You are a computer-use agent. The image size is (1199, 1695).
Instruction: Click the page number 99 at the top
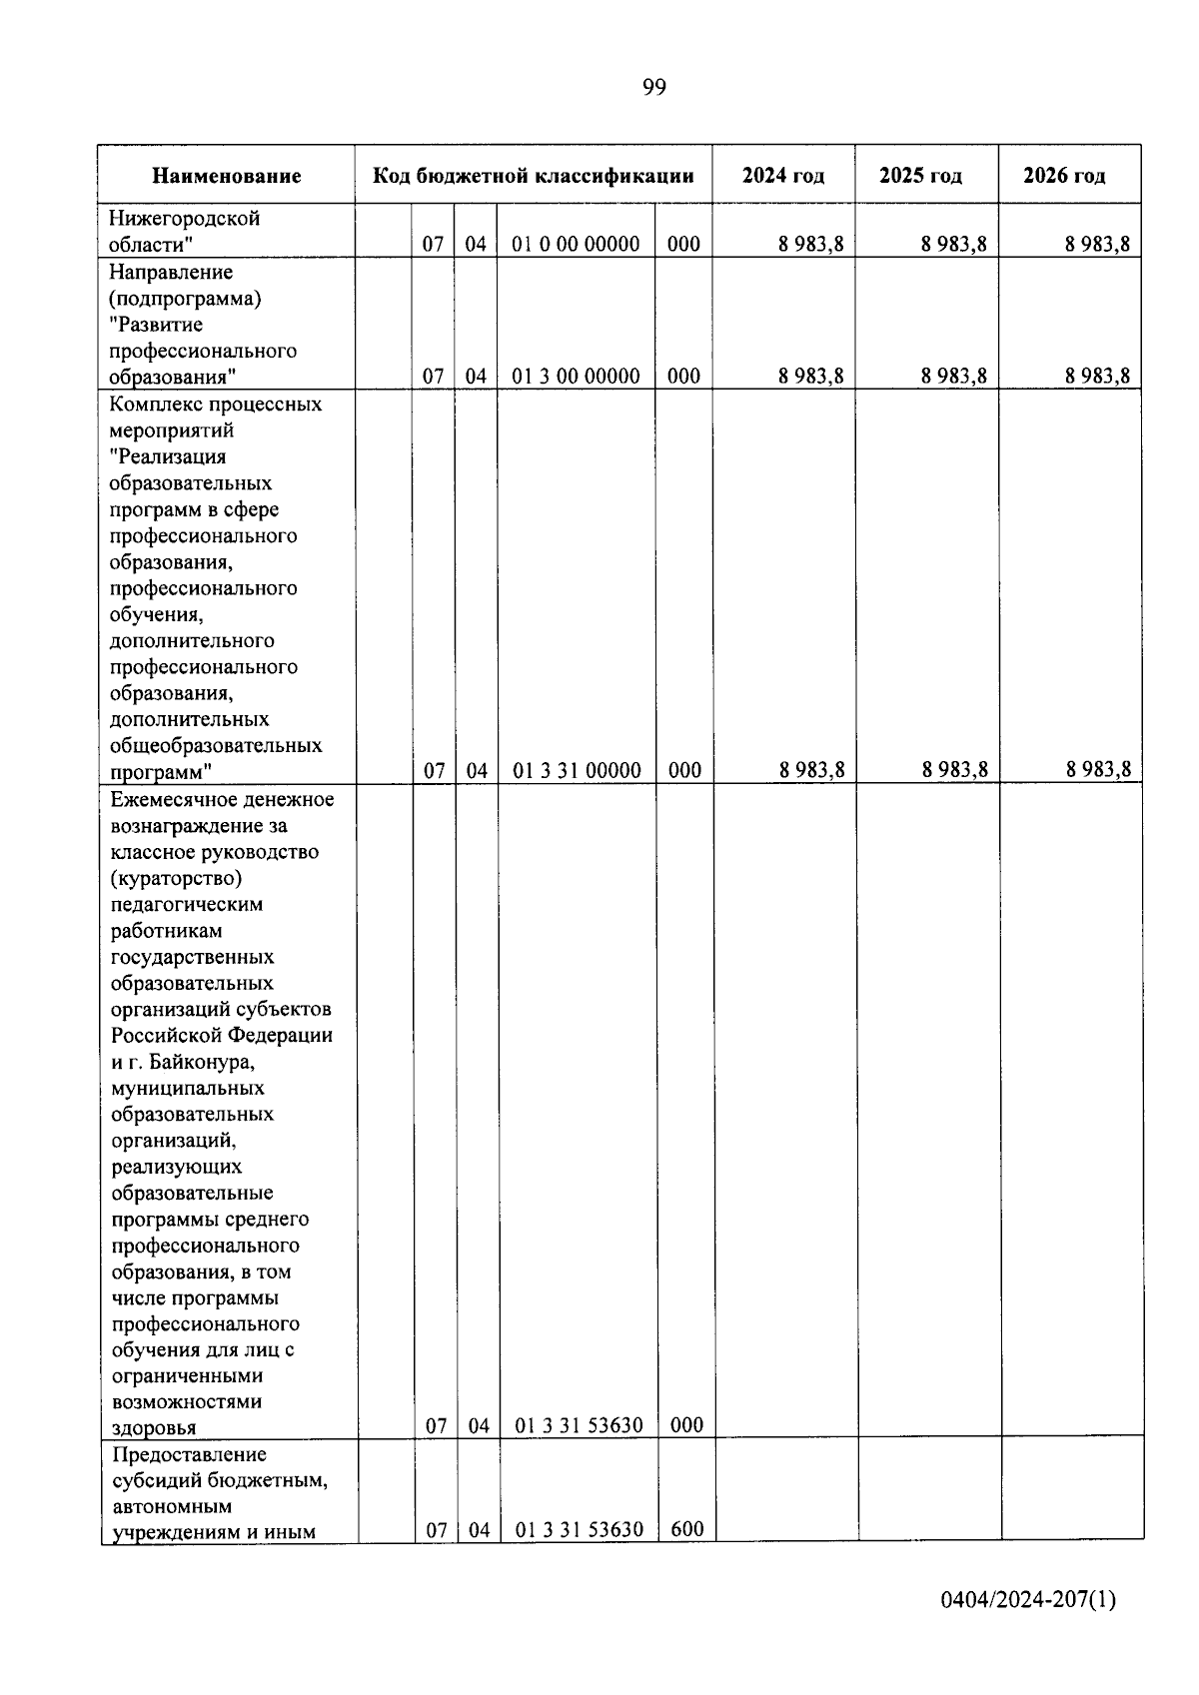(653, 88)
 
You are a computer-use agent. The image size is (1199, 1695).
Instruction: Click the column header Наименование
(227, 177)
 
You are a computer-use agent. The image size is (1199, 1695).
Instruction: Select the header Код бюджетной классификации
(533, 177)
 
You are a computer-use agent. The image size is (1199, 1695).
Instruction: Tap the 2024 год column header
(783, 176)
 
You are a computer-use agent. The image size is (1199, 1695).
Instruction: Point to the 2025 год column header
(920, 176)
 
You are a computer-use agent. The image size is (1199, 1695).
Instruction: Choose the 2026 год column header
(1064, 176)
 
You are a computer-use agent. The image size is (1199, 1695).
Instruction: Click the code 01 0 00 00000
(576, 244)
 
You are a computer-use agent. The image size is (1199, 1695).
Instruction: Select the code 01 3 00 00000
(576, 377)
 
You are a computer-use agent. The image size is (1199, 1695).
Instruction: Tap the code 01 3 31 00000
(577, 770)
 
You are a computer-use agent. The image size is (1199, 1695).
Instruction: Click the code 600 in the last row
(686, 1528)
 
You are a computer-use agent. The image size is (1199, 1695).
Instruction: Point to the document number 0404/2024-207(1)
(1027, 1600)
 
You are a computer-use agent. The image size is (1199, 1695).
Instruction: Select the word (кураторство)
(177, 879)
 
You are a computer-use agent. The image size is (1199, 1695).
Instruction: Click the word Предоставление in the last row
(190, 1454)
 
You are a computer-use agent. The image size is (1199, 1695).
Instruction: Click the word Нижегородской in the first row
(184, 219)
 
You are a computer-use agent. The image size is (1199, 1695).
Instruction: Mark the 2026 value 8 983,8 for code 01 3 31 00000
(1098, 769)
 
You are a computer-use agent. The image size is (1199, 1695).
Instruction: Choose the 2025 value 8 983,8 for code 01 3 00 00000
(954, 377)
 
